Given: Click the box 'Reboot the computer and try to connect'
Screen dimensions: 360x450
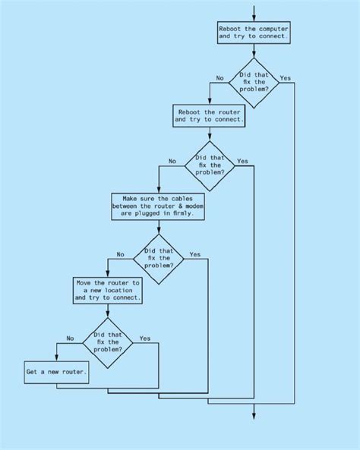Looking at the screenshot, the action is point(254,33).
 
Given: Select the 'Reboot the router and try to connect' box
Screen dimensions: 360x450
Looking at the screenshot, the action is point(209,115).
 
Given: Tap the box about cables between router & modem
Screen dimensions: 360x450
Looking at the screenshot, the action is point(158,206).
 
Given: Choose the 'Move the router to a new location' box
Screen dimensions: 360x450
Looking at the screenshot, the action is point(108,291).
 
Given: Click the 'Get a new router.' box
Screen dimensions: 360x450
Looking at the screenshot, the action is point(57,373).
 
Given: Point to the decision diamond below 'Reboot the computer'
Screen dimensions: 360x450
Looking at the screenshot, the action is point(254,83).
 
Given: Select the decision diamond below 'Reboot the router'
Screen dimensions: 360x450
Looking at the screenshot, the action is point(210,166).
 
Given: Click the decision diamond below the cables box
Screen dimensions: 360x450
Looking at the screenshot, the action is point(159,260).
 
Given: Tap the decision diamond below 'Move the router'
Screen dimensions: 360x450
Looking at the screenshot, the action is point(108,343).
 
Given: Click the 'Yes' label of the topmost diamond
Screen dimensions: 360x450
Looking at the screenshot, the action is point(286,78).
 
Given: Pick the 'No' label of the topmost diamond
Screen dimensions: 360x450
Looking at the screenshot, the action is point(219,78).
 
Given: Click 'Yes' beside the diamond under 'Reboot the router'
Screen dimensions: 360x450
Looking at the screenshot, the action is point(242,162).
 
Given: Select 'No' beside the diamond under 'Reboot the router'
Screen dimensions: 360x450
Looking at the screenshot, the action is point(172,162).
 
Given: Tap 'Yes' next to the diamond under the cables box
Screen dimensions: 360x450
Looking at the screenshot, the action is point(195,254).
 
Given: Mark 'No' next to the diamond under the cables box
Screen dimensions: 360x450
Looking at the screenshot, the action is point(121,254).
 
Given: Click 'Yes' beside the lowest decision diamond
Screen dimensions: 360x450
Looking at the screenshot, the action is point(145,338).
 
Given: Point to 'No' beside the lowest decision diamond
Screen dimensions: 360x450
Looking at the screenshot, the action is point(70,338).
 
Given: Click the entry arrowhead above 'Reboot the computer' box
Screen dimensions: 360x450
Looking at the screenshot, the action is point(254,18).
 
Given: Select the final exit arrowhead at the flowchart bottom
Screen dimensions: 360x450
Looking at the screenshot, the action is point(254,416).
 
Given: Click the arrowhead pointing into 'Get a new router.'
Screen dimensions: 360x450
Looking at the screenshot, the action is point(57,357).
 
